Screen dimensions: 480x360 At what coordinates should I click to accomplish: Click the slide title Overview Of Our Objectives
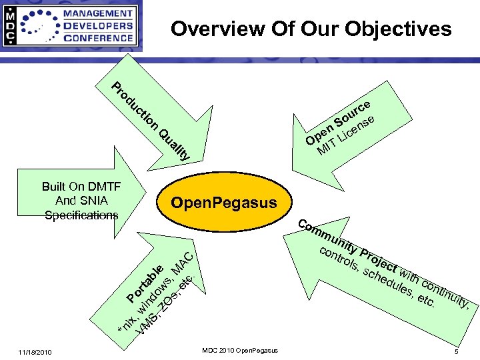[311, 29]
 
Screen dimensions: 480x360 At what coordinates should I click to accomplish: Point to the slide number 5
[456, 351]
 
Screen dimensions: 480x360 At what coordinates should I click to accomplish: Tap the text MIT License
[347, 134]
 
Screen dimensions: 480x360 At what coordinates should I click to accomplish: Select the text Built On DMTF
[81, 187]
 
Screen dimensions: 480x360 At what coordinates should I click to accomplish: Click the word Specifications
[81, 215]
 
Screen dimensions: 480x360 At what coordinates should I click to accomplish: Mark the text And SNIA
[81, 201]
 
